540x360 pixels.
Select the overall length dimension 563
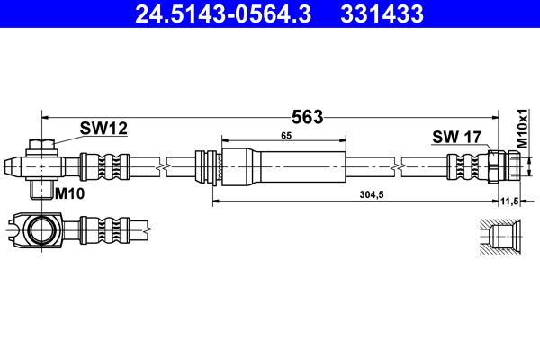point(307,116)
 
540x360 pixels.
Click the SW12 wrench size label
point(103,129)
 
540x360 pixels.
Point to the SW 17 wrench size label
point(457,137)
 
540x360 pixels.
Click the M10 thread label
point(69,193)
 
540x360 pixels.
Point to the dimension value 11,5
point(510,202)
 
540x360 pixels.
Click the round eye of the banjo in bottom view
point(40,230)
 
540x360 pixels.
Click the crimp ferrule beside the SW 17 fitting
point(467,166)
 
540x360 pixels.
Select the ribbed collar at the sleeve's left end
point(210,167)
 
